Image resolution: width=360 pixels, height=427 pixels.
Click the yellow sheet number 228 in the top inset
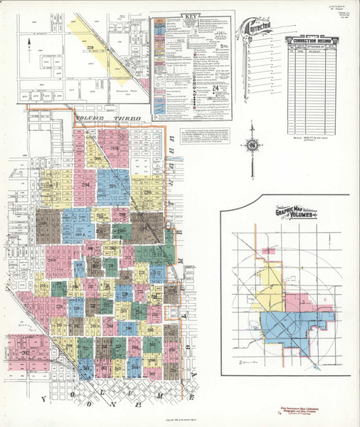(x=91, y=47)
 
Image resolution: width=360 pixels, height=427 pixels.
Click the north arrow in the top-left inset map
(x=27, y=44)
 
